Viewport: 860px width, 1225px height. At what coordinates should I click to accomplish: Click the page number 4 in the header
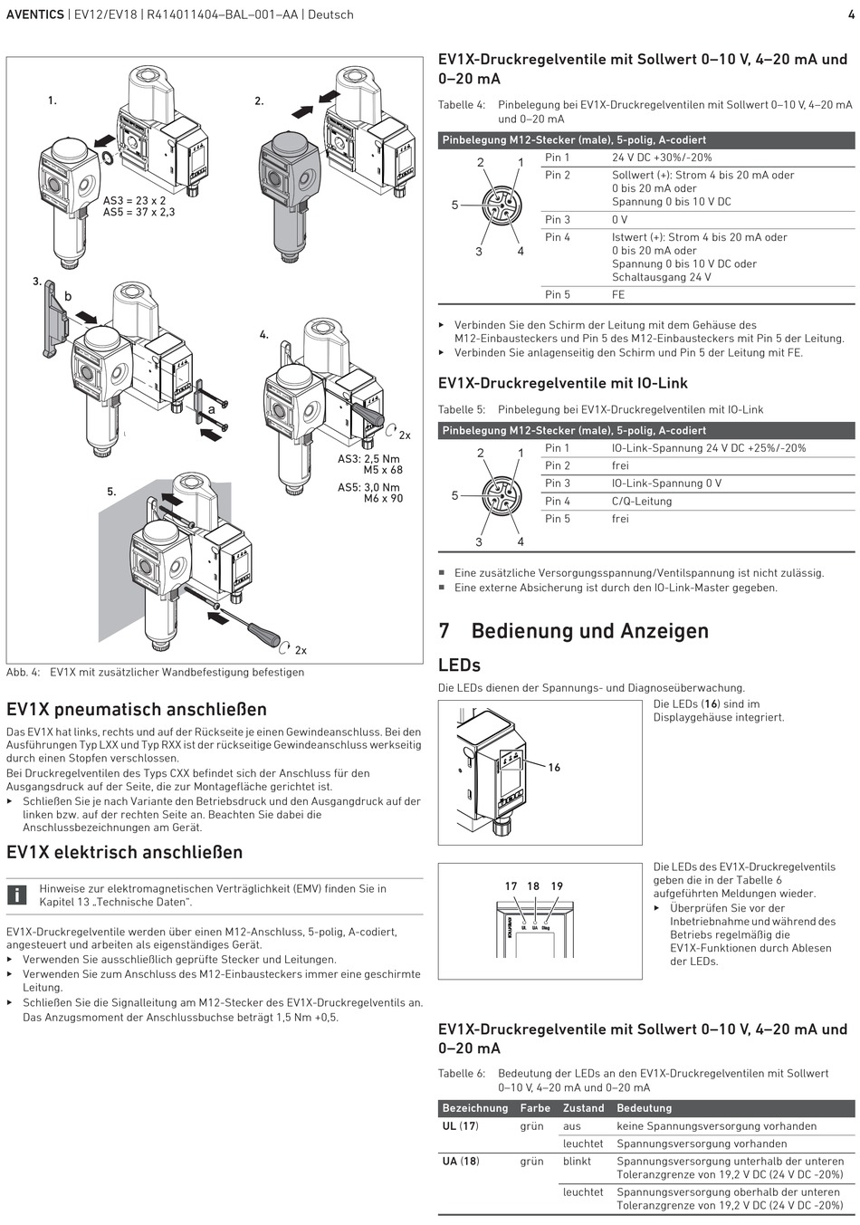[851, 14]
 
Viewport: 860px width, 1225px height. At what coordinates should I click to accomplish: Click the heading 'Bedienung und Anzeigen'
[589, 631]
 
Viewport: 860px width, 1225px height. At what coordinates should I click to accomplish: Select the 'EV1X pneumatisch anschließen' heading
[137, 709]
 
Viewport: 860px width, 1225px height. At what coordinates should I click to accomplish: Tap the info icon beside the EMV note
[17, 895]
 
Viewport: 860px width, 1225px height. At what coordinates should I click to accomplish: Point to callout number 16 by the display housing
[554, 768]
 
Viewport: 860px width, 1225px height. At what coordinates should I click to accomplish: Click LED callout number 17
[511, 886]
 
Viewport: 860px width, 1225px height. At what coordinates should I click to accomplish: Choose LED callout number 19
[557, 886]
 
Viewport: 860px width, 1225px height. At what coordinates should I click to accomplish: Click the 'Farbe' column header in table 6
[535, 1108]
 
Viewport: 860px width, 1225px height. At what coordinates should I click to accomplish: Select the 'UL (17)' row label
[460, 1126]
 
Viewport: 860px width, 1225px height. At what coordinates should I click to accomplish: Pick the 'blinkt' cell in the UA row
[577, 1161]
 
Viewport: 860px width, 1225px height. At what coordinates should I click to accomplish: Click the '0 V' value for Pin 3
[620, 220]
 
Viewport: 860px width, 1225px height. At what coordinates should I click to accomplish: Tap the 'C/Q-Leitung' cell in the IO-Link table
[642, 501]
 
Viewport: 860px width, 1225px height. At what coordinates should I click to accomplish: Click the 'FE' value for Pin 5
[618, 295]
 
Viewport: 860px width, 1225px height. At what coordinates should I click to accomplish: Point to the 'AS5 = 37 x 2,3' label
[139, 212]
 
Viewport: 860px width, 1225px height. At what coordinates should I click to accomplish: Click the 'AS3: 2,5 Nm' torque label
[368, 459]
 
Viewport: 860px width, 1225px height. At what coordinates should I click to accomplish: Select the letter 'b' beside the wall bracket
[67, 296]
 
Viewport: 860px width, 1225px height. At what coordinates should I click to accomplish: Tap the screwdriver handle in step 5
[266, 632]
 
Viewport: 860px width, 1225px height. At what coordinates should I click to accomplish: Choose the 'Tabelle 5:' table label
[462, 409]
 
